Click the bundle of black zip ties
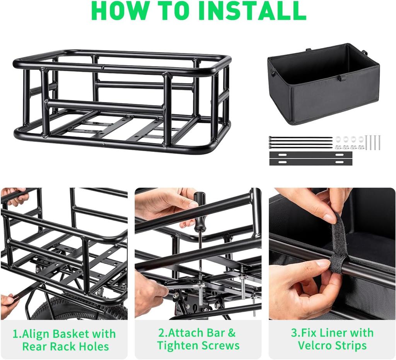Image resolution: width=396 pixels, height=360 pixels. point(301,142)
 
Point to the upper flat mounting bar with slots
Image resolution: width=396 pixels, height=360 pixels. point(311,155)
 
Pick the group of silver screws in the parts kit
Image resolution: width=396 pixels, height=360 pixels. point(373,142)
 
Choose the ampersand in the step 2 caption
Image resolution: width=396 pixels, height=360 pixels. point(232,333)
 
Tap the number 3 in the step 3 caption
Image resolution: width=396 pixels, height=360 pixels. point(294,333)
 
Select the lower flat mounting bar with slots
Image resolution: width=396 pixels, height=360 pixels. point(311,162)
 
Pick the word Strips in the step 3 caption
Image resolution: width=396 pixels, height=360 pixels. point(350,345)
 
